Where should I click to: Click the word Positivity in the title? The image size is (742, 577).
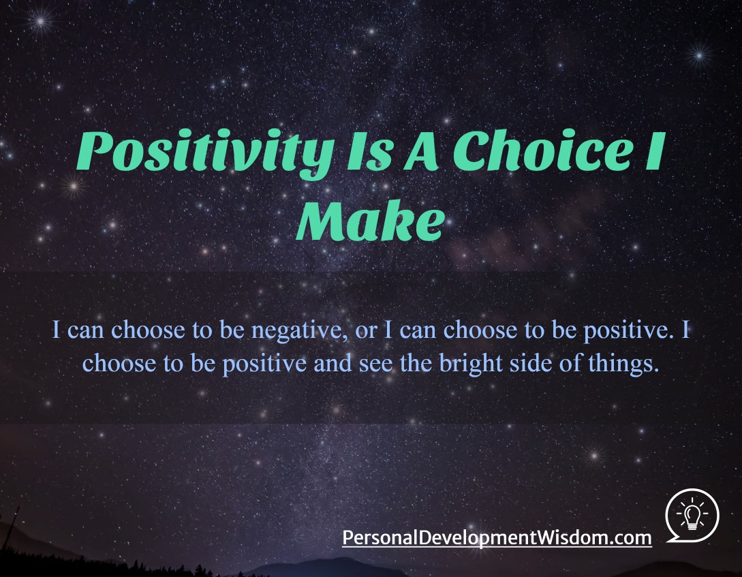[x=205, y=153]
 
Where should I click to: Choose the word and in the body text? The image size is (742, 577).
[x=333, y=362]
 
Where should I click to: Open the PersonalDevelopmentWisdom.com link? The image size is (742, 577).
[x=497, y=538]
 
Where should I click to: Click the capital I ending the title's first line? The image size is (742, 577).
[x=656, y=151]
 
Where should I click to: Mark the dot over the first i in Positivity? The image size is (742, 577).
[x=188, y=136]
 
